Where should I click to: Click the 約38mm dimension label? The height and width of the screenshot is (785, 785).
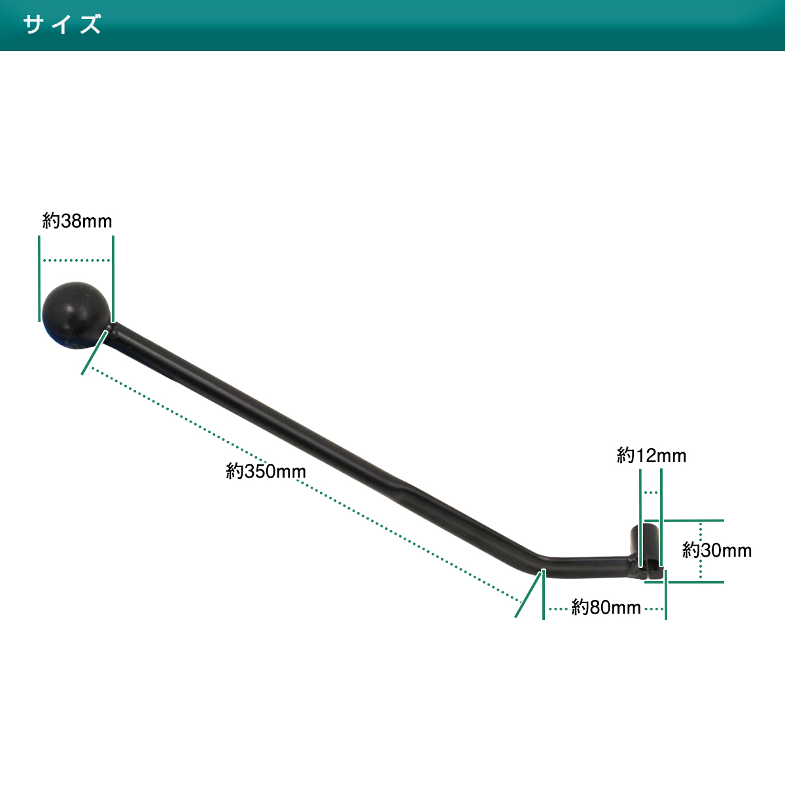pyautogui.click(x=77, y=221)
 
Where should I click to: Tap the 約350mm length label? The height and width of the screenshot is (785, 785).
pyautogui.click(x=266, y=471)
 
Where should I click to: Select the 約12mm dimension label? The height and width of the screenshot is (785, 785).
pyautogui.click(x=652, y=455)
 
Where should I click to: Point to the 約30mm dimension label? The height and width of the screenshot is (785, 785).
pyautogui.click(x=717, y=550)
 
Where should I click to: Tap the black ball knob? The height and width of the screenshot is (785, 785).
pyautogui.click(x=76, y=315)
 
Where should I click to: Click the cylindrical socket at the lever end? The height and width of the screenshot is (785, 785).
pyautogui.click(x=646, y=552)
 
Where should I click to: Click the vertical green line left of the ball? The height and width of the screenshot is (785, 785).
pyautogui.click(x=39, y=279)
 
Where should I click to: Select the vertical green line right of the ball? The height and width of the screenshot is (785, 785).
pyautogui.click(x=113, y=279)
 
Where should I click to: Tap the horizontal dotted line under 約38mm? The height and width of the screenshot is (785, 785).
pyautogui.click(x=76, y=260)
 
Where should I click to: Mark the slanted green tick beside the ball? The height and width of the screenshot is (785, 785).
pyautogui.click(x=95, y=353)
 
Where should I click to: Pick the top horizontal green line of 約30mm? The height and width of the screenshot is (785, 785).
pyautogui.click(x=684, y=521)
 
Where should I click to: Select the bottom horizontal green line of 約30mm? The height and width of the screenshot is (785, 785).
pyautogui.click(x=684, y=582)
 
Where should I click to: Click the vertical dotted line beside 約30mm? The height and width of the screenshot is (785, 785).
pyautogui.click(x=701, y=551)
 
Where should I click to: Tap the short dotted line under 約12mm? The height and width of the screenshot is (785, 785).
pyautogui.click(x=650, y=493)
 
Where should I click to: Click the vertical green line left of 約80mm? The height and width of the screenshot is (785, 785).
pyautogui.click(x=544, y=595)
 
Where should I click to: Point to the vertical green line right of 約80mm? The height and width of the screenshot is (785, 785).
pyautogui.click(x=666, y=595)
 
